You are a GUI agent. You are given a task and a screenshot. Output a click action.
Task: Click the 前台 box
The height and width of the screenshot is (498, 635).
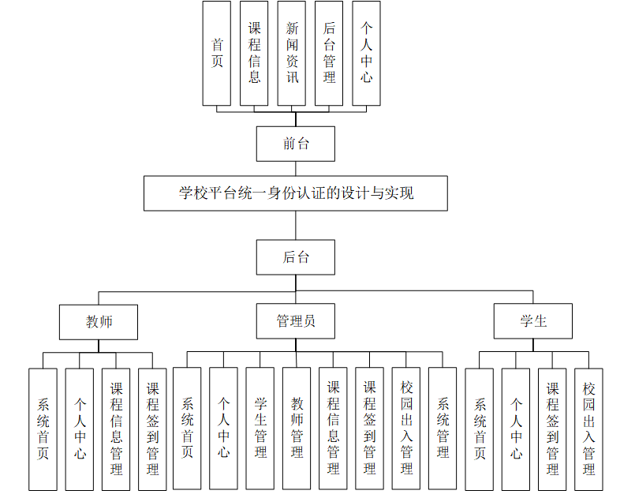point(296,144)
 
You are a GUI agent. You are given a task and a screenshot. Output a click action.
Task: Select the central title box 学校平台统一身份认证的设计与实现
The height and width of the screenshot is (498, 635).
point(296,193)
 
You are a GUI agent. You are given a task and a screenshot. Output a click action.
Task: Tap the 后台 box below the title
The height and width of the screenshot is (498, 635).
point(296,257)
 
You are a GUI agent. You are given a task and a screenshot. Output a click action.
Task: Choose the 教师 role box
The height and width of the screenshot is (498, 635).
point(99,322)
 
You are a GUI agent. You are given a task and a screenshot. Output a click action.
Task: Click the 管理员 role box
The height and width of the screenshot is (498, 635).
point(296,322)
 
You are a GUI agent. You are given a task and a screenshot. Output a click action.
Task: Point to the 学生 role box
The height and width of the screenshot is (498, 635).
point(533,322)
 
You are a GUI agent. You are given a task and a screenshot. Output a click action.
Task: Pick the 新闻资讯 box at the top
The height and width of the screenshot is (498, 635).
point(292,53)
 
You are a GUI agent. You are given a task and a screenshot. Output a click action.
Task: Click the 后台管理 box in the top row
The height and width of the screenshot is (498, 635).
point(329,53)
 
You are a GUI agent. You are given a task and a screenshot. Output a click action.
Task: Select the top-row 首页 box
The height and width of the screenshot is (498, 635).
point(217,53)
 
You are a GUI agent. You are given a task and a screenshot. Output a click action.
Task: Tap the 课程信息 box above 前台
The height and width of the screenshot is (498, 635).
point(254,53)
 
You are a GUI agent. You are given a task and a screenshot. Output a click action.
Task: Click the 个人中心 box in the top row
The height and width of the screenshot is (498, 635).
point(366,53)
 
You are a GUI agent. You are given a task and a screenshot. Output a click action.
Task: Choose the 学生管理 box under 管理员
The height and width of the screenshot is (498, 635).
point(260,429)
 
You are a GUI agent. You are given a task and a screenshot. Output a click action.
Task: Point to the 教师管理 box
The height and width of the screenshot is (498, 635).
point(297,429)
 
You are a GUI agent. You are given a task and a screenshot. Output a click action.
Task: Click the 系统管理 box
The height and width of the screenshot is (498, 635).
point(443,429)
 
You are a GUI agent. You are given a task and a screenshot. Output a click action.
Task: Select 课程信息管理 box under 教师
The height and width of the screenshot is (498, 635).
point(116,429)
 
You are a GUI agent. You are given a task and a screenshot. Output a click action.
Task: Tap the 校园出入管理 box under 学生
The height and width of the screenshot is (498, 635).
point(588,429)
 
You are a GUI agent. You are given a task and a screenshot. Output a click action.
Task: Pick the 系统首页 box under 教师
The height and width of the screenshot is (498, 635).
point(43,429)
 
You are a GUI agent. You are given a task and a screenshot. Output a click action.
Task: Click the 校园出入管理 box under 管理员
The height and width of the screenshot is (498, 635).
point(406,429)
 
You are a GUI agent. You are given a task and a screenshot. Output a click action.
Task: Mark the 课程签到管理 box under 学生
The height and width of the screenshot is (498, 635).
point(552,429)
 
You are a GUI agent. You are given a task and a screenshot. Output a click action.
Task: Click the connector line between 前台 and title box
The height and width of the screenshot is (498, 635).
point(296,168)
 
